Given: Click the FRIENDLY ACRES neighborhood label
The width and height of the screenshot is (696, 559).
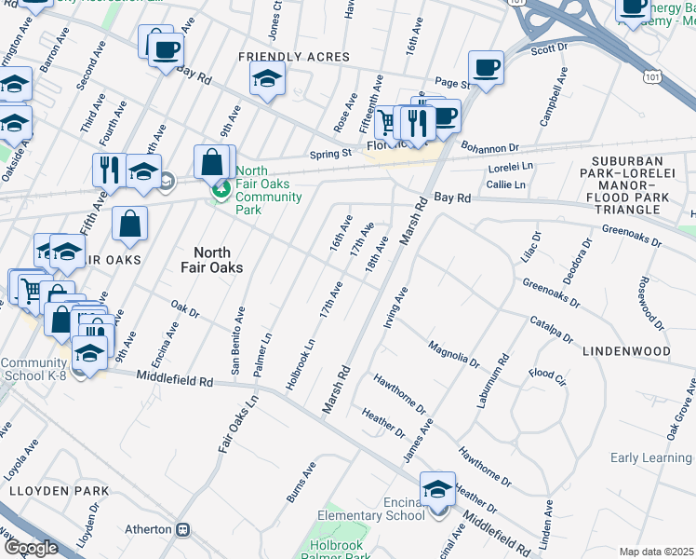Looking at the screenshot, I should (x=294, y=57).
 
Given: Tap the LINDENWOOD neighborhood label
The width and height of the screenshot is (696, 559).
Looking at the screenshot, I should (x=626, y=351).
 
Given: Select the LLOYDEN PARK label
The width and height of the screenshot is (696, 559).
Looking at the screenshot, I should (x=58, y=491).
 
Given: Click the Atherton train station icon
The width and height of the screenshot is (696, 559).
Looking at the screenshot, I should (x=182, y=529).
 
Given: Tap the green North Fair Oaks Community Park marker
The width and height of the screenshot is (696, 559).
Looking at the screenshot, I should (x=221, y=191).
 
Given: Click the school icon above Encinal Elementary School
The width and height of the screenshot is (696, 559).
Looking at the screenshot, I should (x=437, y=488).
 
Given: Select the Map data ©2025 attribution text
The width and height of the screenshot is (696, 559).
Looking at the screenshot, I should (x=656, y=552).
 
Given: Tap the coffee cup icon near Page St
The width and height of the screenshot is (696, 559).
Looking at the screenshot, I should (x=486, y=68).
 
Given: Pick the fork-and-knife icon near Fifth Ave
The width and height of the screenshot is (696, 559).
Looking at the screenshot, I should (x=109, y=169).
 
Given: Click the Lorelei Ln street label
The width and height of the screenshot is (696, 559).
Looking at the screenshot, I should (x=507, y=169).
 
